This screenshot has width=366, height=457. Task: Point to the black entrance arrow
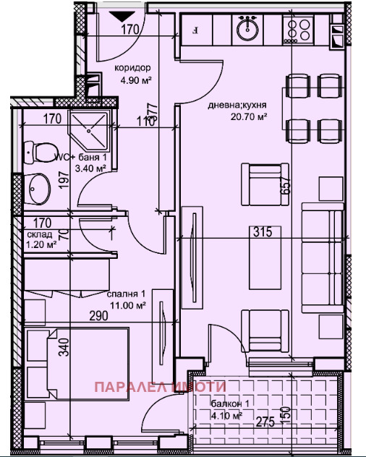(118, 14)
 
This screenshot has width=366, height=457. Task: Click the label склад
(41, 234)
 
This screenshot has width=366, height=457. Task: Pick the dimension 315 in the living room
(263, 232)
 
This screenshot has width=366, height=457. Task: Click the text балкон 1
(230, 405)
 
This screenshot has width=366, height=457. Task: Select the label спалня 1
(127, 294)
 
